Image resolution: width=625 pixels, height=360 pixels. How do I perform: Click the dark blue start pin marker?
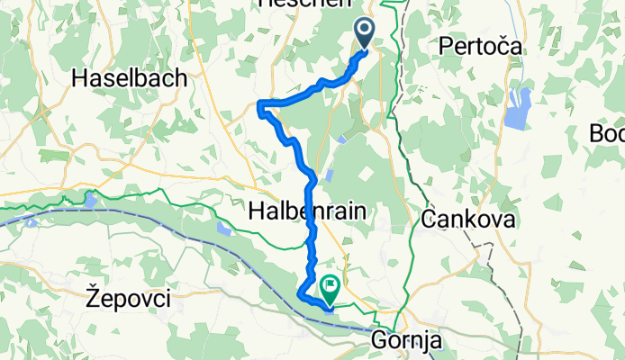[x=366, y=34]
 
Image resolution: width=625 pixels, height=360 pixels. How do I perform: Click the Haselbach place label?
[x=130, y=78]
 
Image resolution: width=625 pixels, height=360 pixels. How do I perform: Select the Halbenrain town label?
[x=306, y=211]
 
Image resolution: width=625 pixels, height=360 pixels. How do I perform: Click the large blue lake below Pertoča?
[x=517, y=109]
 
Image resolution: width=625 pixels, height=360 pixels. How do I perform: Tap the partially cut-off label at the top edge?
[x=293, y=4]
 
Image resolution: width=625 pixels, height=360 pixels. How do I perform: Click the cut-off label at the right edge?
[x=608, y=133]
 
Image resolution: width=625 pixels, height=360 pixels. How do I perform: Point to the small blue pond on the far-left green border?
[x=91, y=198]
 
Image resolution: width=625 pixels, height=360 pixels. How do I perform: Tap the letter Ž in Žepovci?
[x=90, y=294]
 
